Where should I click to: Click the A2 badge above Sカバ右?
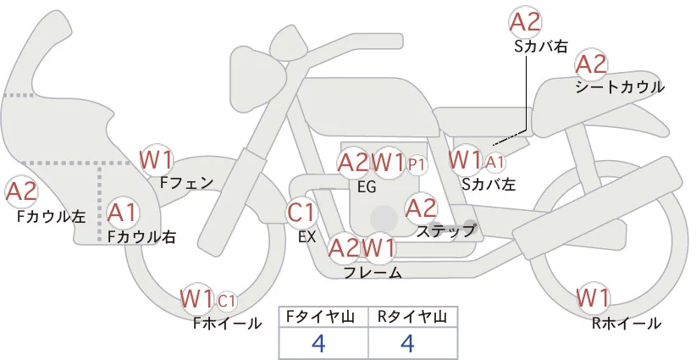pos(526,23)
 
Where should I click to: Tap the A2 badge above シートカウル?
pos(591,64)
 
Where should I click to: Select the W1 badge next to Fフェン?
pos(157,158)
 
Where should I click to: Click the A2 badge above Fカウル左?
pos(21,192)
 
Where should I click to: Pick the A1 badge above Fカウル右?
pos(123,211)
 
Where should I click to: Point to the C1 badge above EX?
pos(301,211)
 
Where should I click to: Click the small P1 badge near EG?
pos(417,163)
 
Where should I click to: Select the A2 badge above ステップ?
pos(421,207)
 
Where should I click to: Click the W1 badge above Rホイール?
pos(593,298)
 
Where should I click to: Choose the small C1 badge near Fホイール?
pos(227,301)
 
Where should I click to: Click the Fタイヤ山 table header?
pos(323,317)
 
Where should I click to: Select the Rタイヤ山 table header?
pos(413,317)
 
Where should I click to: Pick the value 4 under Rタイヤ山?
pos(408,343)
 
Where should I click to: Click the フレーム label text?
pos(373,272)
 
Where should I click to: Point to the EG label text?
pos(367,187)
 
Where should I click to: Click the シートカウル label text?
pos(619,87)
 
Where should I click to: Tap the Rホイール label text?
pos(627,323)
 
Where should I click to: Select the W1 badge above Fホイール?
pos(197,299)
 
